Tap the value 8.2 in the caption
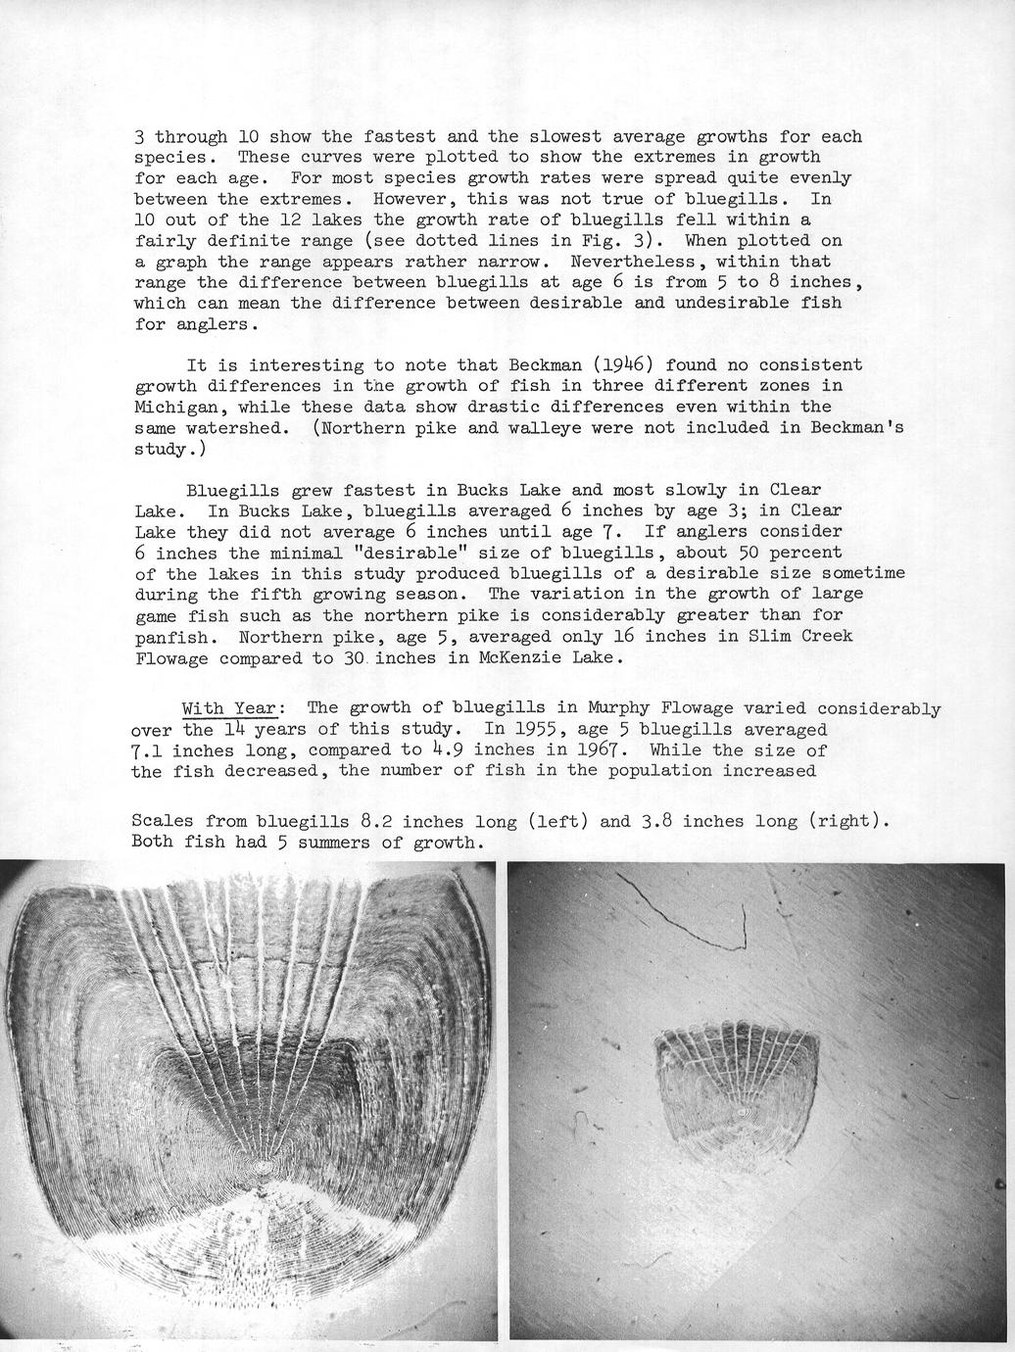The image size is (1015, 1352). pos(377,821)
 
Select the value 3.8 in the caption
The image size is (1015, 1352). pos(655,821)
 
